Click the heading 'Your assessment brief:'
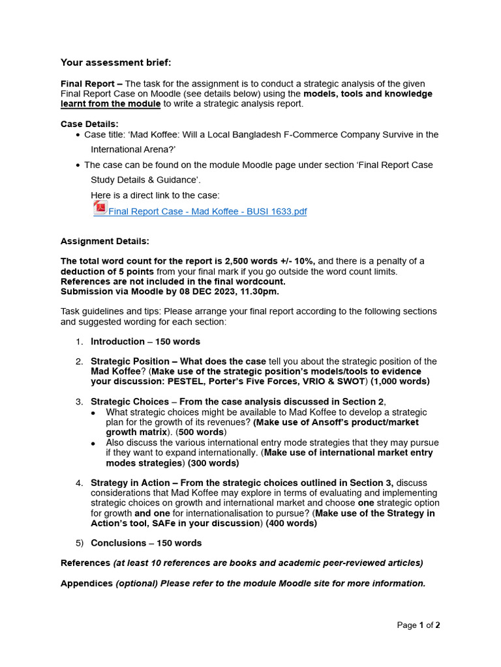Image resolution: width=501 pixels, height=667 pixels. coord(116,63)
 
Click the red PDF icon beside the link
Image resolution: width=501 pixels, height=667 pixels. coord(100,208)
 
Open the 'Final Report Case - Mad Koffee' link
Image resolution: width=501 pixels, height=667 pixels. coord(207,212)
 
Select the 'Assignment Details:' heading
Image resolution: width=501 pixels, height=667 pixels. coord(104,241)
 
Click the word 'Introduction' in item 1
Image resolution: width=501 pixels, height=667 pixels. coord(117,341)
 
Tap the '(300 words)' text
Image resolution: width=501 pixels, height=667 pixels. coord(213,463)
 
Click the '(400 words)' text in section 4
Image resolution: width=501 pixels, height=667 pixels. coord(291,523)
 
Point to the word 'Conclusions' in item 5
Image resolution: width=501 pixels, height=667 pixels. coord(118,543)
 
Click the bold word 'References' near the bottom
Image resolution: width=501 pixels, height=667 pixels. coord(85,563)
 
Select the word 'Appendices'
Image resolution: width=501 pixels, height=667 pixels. coord(87,583)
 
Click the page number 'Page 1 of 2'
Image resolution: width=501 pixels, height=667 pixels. coord(418,625)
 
